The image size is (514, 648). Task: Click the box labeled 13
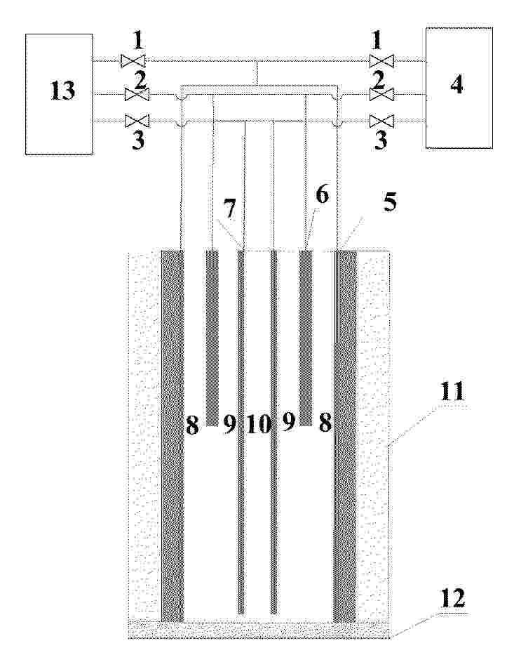(x=59, y=94)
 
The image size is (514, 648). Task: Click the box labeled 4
(x=459, y=88)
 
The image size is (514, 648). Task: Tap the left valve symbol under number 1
(x=133, y=61)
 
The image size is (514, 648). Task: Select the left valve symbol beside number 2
(x=137, y=95)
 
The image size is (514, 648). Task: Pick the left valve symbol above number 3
(x=137, y=121)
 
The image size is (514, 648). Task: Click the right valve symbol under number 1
(x=381, y=61)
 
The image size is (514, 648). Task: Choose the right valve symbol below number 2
(x=381, y=95)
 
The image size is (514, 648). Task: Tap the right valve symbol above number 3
(x=381, y=121)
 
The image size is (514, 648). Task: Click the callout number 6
(x=322, y=194)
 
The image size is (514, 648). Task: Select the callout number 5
(x=390, y=202)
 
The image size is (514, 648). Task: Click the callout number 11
(x=452, y=391)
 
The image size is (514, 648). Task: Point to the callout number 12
(x=453, y=598)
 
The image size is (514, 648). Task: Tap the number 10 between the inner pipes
(x=259, y=425)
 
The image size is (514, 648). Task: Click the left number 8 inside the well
(x=192, y=425)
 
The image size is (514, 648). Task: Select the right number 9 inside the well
(x=288, y=423)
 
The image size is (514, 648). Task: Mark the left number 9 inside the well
(x=229, y=425)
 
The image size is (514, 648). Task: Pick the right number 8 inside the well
(x=325, y=423)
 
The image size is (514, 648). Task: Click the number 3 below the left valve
(x=138, y=140)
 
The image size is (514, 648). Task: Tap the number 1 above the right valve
(x=377, y=40)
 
